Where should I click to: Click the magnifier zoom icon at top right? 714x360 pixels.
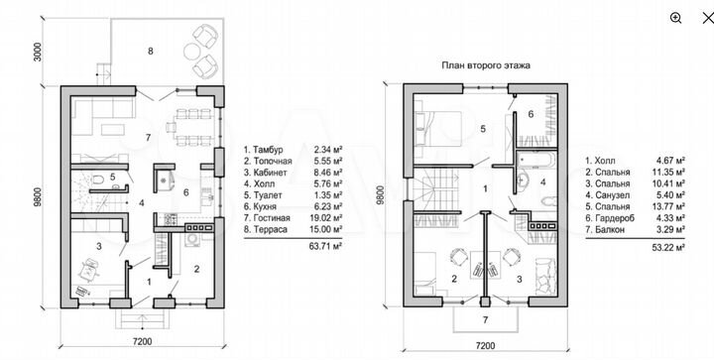tap(675, 18)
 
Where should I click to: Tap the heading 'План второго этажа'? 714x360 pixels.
tap(486, 65)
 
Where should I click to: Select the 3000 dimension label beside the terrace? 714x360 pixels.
tap(38, 53)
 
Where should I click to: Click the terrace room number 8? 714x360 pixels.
tap(151, 51)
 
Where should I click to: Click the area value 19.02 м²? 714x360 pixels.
tap(328, 218)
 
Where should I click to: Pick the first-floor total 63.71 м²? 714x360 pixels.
tap(328, 246)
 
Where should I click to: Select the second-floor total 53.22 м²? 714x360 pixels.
tap(670, 248)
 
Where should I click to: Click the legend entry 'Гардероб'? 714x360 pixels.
tap(615, 218)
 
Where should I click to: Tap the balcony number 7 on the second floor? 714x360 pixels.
tap(485, 320)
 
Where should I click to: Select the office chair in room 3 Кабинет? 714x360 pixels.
tap(88, 270)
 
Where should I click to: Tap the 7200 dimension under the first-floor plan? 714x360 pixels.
tap(143, 342)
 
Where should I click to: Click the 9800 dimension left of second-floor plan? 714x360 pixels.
tap(381, 195)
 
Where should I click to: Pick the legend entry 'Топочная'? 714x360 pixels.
tap(273, 161)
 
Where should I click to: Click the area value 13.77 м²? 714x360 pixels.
tap(670, 207)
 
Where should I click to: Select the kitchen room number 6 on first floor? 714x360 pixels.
tap(185, 192)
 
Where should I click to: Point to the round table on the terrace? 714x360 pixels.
tap(190, 51)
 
